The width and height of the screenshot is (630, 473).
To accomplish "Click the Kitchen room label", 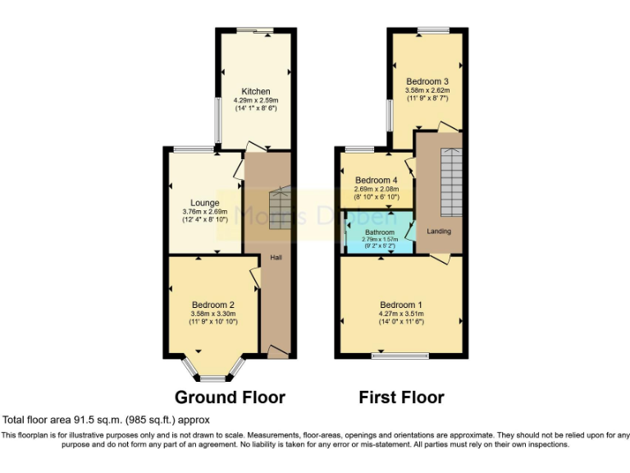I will (255, 91).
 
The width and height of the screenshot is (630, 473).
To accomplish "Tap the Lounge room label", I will (204, 203).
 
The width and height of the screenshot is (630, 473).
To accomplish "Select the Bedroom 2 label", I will (213, 305).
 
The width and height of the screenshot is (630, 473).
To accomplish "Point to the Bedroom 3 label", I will (427, 81).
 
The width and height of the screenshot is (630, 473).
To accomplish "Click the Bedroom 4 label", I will (376, 180).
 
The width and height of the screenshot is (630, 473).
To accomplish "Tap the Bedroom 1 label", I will (402, 305).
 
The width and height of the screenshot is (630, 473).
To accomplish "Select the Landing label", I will (439, 231).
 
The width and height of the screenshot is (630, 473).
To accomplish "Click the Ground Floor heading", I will (230, 397).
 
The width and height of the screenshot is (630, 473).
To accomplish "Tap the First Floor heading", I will (401, 397).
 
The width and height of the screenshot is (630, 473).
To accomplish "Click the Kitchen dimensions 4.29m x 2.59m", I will (255, 100).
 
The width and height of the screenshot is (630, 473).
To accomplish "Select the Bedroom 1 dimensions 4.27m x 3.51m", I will (402, 314).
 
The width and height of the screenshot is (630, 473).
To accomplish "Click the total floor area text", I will (100, 419).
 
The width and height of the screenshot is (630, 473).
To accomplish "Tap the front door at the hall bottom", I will (278, 352).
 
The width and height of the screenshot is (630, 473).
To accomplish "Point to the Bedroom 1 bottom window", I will (400, 356).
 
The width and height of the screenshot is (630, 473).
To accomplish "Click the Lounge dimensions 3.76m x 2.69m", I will (204, 212).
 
